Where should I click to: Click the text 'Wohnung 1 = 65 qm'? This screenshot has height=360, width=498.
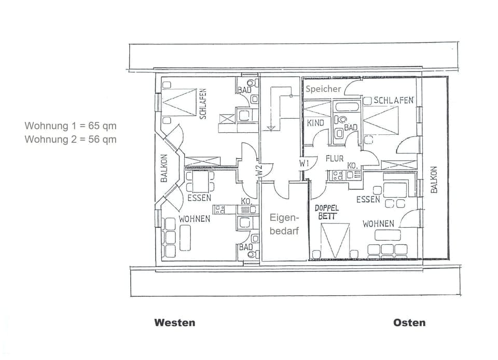tap(71, 126)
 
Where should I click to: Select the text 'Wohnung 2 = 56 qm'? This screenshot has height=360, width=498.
tap(71, 139)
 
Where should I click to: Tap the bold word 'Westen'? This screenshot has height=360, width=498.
tap(175, 323)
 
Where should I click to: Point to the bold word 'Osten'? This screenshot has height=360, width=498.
tap(409, 323)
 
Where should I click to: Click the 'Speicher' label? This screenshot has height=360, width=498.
tap(323, 89)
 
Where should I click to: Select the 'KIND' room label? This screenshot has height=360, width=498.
tap(315, 123)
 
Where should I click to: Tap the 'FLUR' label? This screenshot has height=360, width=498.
tap(335, 159)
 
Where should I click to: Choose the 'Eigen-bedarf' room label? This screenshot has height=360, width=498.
tap(284, 225)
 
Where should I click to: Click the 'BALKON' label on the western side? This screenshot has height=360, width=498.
tap(164, 168)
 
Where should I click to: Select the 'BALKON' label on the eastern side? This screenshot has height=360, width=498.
tap(434, 179)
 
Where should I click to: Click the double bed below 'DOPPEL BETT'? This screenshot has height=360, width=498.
tap(333, 239)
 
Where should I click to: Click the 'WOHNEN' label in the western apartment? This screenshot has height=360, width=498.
tap(195, 219)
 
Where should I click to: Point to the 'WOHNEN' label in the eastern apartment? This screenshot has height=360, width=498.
tap(378, 224)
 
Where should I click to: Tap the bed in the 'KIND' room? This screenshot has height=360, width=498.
tap(317, 109)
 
